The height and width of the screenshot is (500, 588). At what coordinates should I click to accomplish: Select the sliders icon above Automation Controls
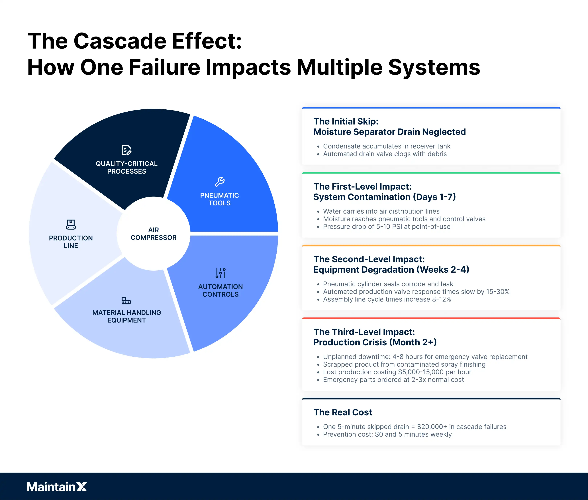(x=221, y=273)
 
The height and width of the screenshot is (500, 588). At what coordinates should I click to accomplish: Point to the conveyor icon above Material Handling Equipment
(x=126, y=300)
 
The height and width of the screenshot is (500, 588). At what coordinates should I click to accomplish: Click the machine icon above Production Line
(x=71, y=224)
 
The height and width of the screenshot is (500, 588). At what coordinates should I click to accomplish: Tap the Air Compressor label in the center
(x=153, y=234)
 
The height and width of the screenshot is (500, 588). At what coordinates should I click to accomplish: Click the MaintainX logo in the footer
(x=57, y=487)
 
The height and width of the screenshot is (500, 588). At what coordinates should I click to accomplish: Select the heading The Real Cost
(x=343, y=412)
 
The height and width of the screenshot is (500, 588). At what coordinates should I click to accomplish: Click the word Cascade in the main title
(x=120, y=41)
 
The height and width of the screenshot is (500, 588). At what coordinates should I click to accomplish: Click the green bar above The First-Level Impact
(x=431, y=173)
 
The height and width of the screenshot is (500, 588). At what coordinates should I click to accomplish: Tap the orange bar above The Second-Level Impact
(x=431, y=246)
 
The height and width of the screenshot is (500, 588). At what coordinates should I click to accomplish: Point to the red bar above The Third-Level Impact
(x=431, y=318)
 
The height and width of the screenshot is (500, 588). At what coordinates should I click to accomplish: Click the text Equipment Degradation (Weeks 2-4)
(x=391, y=270)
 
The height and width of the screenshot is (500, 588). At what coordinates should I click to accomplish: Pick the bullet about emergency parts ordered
(x=393, y=379)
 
